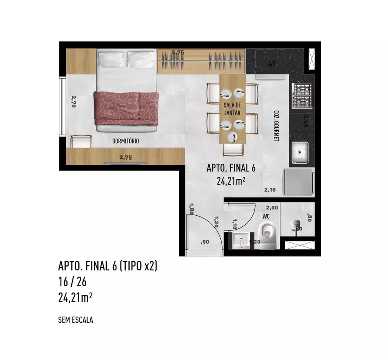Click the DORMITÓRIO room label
coord(125,142)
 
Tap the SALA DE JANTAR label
coord(232,109)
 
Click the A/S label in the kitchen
coord(272,64)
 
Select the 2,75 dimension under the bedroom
coord(126,157)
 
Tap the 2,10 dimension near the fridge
coord(270,190)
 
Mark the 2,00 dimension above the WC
coord(272,208)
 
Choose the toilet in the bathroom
coord(268,235)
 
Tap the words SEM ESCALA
coord(75,320)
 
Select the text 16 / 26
coord(73,282)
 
